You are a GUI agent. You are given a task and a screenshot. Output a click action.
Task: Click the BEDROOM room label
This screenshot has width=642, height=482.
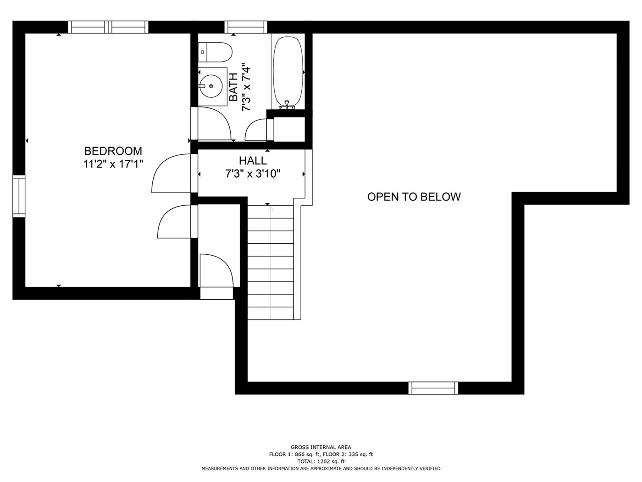(x=113, y=151)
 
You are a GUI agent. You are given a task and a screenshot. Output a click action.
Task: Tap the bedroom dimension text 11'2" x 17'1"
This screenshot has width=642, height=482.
(x=113, y=164)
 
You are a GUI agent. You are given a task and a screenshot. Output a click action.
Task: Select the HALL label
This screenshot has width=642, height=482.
(x=253, y=161)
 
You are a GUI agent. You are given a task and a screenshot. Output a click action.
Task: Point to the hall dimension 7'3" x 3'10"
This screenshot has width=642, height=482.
(x=253, y=174)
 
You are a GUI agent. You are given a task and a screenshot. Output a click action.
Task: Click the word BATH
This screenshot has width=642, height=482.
(x=233, y=87)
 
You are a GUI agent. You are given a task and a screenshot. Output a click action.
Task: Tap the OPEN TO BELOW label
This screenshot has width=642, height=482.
(x=414, y=196)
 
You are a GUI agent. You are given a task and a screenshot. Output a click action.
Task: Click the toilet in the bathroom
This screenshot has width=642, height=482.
(x=215, y=52)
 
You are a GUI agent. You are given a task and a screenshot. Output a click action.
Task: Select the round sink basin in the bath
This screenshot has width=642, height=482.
(x=211, y=86)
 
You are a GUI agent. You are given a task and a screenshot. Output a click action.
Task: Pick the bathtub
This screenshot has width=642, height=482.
(x=288, y=72)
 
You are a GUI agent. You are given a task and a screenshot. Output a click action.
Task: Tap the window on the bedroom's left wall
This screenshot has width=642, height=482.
(x=19, y=196)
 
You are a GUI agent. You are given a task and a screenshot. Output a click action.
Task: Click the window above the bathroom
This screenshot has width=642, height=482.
(x=246, y=27)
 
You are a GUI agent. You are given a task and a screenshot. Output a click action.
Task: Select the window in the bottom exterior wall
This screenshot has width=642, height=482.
(x=433, y=388)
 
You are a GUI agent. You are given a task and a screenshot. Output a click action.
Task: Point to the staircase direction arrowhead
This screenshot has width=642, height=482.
(x=271, y=209)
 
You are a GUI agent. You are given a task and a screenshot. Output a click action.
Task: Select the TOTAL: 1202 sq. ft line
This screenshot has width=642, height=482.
(x=321, y=461)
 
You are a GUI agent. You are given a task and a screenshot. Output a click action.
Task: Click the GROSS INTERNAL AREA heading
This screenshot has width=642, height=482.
(x=321, y=447)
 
